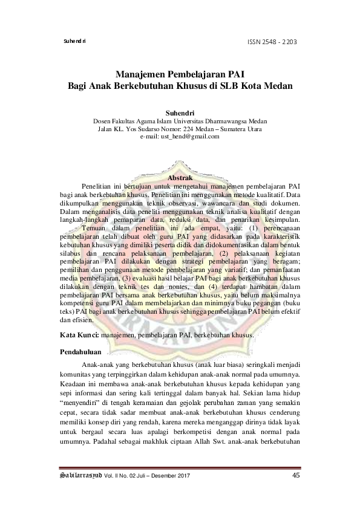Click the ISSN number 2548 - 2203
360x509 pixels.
pyautogui.click(x=280, y=41)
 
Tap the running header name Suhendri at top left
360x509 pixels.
pyautogui.click(x=75, y=41)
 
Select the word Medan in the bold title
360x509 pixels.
pyautogui.click(x=278, y=86)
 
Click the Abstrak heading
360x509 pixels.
pyautogui.click(x=179, y=179)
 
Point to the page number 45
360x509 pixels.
pyautogui.click(x=296, y=475)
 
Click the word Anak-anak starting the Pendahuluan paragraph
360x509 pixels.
pyautogui.click(x=95, y=366)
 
